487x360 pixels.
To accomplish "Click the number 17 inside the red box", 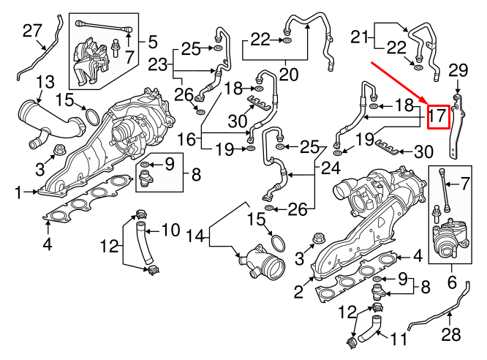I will tap(437, 116).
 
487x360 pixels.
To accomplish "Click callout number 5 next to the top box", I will tap(152, 42).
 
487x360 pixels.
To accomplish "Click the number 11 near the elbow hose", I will tap(396, 340).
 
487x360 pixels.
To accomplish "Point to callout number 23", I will tap(157, 64).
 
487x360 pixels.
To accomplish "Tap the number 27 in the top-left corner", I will tap(32, 30).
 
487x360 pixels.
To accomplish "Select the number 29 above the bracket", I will tap(457, 71).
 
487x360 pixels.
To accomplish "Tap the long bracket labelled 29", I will tap(458, 128).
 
